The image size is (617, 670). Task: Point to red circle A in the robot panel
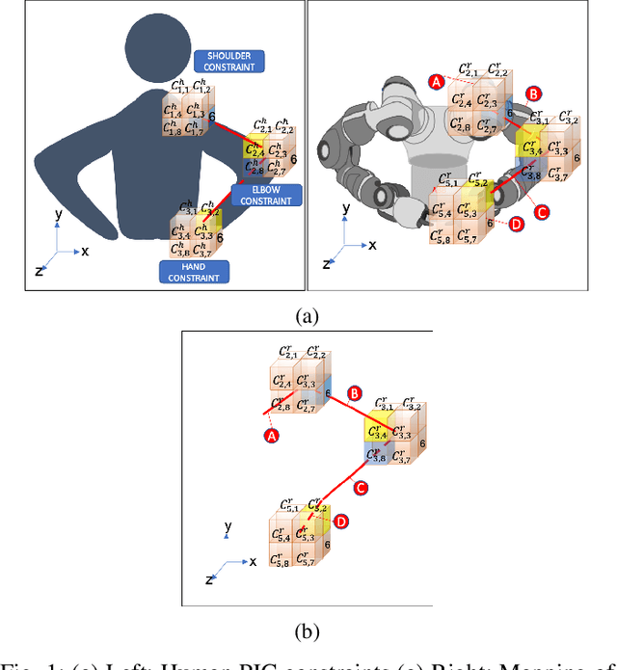[x=437, y=83]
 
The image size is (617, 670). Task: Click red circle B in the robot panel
[x=533, y=94]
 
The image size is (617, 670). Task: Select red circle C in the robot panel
[x=542, y=211]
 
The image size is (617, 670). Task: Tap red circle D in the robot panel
[x=517, y=225]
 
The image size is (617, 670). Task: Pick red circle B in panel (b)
[x=355, y=393]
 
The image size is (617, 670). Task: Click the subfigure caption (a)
[x=308, y=314]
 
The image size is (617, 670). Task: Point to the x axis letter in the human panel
[x=86, y=250]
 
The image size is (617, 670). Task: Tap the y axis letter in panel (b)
[x=228, y=527]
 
